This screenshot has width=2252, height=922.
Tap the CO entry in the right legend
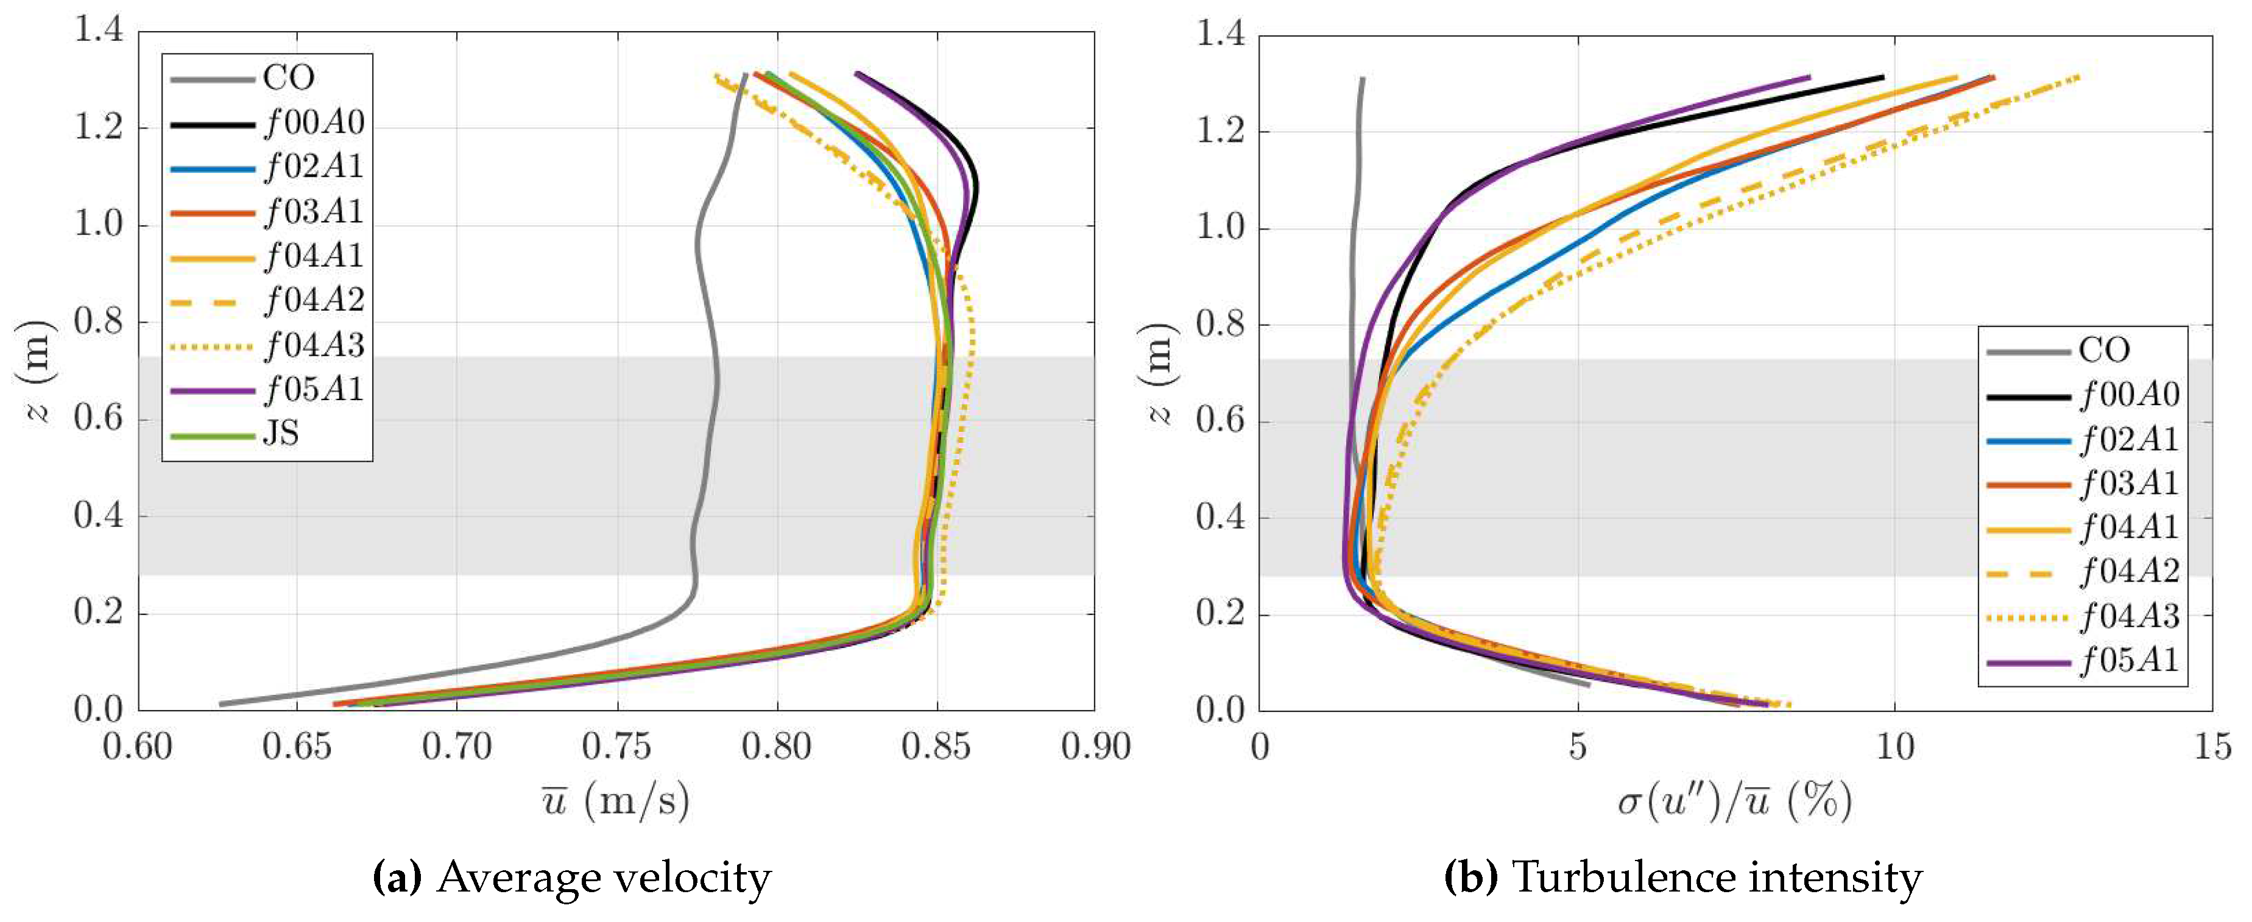[x=2103, y=350]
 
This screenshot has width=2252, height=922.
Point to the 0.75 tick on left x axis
[x=617, y=747]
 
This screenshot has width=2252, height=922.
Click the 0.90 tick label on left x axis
[x=1095, y=747]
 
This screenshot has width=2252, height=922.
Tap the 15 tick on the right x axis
[x=2212, y=747]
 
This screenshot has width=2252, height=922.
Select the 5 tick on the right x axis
[x=1576, y=747]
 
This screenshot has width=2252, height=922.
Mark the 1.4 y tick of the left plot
[x=98, y=32]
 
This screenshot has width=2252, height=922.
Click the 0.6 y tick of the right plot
[x=1220, y=421]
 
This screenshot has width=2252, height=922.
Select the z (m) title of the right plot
[x=1159, y=373]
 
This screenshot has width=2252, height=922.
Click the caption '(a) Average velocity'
[x=572, y=878]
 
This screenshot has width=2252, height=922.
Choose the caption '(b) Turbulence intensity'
[x=1683, y=878]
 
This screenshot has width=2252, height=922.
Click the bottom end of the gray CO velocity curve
[x=221, y=703]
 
